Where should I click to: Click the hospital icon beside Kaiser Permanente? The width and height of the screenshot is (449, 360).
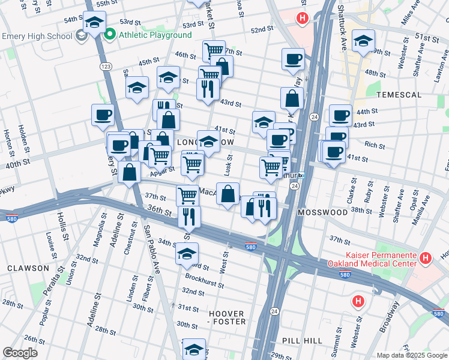(x=426, y=259)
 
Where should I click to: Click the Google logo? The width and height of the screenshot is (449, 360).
(x=20, y=353)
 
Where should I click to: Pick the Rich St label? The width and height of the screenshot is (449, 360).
(x=375, y=145)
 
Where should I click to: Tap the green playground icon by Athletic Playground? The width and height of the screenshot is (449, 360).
(x=110, y=35)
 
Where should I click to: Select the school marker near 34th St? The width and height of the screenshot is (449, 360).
(x=187, y=253)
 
